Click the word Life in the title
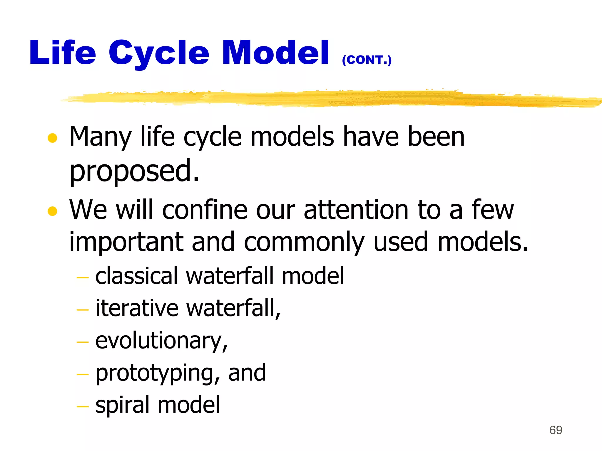63,53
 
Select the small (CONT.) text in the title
367,60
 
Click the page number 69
556,430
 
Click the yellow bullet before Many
52,138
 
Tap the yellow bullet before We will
52,211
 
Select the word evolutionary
161,341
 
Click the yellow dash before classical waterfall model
82,277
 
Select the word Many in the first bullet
100,137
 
